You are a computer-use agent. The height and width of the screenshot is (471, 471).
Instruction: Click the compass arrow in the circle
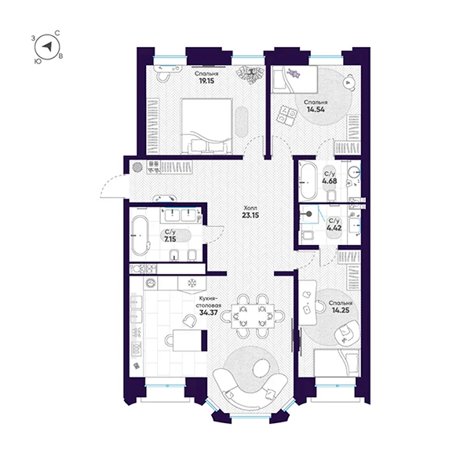47,46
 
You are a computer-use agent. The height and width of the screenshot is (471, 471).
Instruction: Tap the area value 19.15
206,81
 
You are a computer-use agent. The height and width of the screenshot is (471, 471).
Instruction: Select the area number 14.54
316,109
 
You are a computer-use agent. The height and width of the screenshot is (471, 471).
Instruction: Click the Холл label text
250,208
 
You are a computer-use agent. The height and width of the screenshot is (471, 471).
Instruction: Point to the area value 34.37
209,312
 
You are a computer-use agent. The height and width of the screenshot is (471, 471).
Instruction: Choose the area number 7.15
170,239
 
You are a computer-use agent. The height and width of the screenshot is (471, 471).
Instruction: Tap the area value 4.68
329,181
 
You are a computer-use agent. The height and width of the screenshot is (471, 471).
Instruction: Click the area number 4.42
334,228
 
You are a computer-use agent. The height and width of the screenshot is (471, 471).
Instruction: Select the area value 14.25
341,310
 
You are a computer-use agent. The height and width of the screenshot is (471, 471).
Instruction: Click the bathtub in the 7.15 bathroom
141,235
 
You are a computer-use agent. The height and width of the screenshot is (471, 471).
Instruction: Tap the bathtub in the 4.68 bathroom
309,181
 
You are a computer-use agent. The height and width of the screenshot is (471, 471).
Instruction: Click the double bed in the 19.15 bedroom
207,126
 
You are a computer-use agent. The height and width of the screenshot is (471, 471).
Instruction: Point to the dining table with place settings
253,316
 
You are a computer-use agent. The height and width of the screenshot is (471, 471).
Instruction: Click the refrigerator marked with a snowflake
192,283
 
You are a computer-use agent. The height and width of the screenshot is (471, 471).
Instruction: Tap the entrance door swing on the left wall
112,187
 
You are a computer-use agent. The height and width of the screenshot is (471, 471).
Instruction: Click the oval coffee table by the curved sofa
261,368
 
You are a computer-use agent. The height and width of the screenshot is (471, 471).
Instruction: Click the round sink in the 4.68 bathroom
355,172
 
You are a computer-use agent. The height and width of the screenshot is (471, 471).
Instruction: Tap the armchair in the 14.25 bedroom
347,333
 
